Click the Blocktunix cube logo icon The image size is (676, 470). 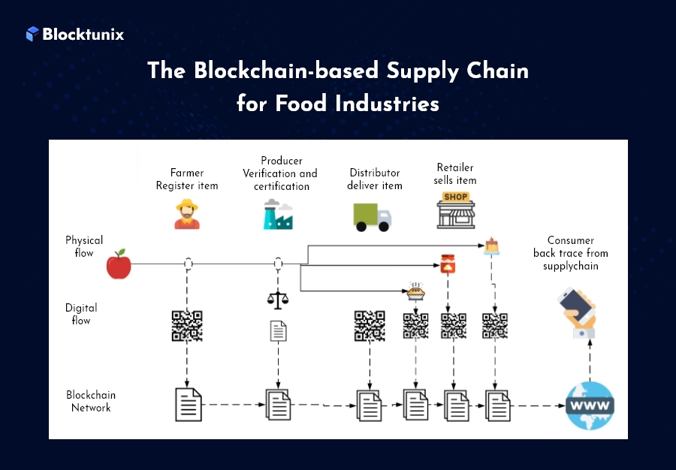click(x=32, y=34)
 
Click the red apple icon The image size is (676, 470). click(x=119, y=264)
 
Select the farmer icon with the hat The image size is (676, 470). click(x=187, y=214)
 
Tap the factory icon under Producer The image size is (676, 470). click(x=277, y=214)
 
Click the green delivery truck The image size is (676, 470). click(x=372, y=216)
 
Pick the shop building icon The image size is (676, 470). click(x=456, y=210)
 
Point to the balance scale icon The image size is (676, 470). click(x=277, y=298)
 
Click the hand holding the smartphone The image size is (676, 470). click(x=578, y=312)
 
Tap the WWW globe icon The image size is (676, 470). click(x=590, y=406)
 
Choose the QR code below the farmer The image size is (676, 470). click(x=187, y=326)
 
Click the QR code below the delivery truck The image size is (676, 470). click(x=370, y=326)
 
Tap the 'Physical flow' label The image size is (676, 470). click(x=84, y=247)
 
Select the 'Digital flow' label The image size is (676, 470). click(x=81, y=314)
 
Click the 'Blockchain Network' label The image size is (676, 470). click(x=91, y=402)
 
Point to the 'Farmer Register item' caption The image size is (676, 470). click(x=187, y=179)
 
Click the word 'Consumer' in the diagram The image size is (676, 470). click(x=571, y=240)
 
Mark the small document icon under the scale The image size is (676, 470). click(x=278, y=330)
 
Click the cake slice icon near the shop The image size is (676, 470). click(x=492, y=245)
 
